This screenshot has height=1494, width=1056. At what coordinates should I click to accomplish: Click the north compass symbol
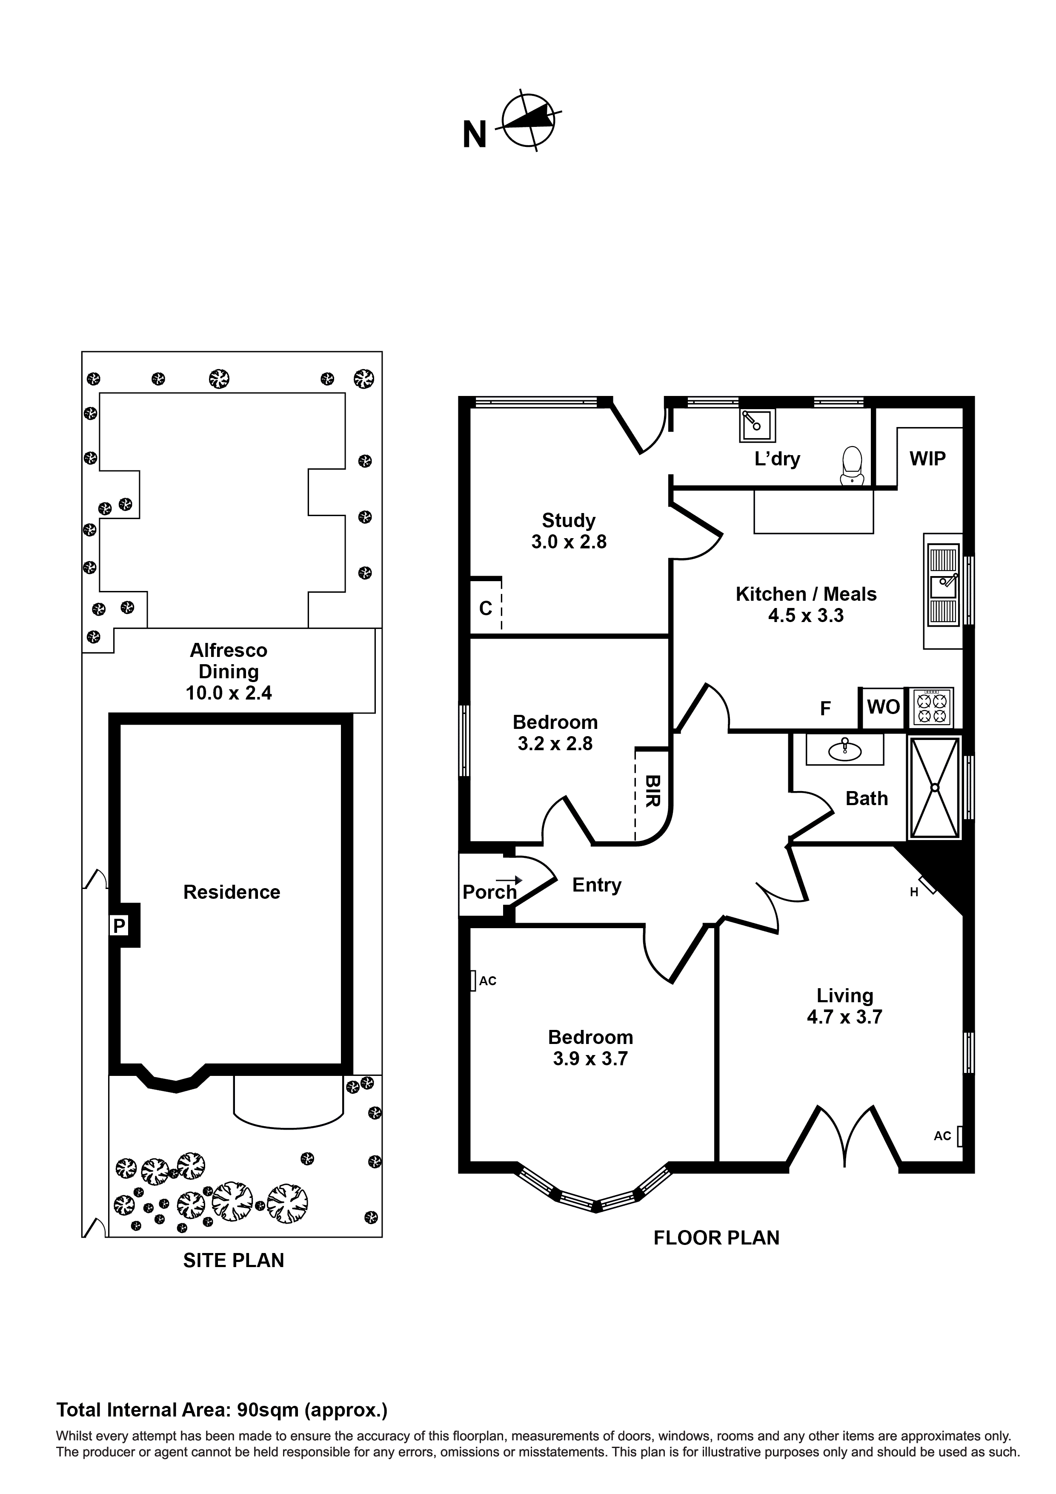(528, 121)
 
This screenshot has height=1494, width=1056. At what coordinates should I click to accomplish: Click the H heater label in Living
(914, 893)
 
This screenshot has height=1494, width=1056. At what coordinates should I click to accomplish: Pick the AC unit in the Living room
(959, 1136)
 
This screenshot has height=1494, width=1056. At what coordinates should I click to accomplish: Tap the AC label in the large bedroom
(487, 981)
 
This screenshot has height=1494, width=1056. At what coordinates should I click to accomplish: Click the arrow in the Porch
(509, 880)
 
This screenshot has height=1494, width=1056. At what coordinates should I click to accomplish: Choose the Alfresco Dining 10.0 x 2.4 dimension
(229, 693)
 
